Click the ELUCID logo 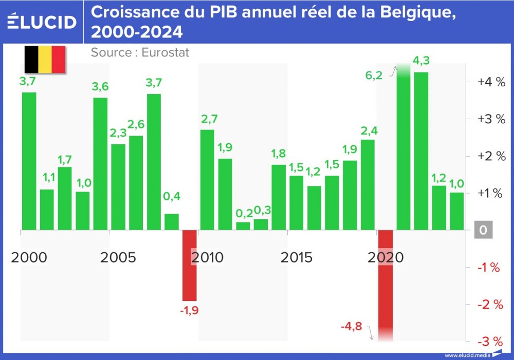click(42, 22)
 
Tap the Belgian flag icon click(45, 60)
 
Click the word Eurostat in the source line click(165, 52)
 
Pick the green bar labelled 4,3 click(421, 150)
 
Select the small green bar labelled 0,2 click(243, 225)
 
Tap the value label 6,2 click(374, 75)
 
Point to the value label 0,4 click(172, 196)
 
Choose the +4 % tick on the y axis click(491, 82)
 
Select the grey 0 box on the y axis click(483, 230)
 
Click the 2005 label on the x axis click(118, 257)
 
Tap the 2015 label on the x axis click(297, 257)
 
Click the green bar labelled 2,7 click(207, 179)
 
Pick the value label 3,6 click(100, 87)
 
